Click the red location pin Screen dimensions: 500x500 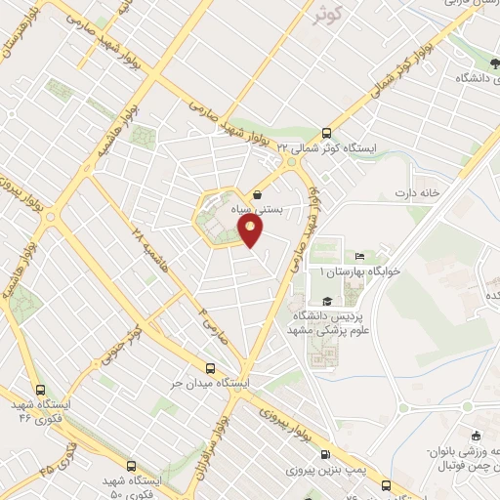(x=252, y=231)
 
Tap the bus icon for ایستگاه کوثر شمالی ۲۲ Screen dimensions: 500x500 (x=326, y=134)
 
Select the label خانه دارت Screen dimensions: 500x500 (x=412, y=192)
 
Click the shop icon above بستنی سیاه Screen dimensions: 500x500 (x=258, y=193)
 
